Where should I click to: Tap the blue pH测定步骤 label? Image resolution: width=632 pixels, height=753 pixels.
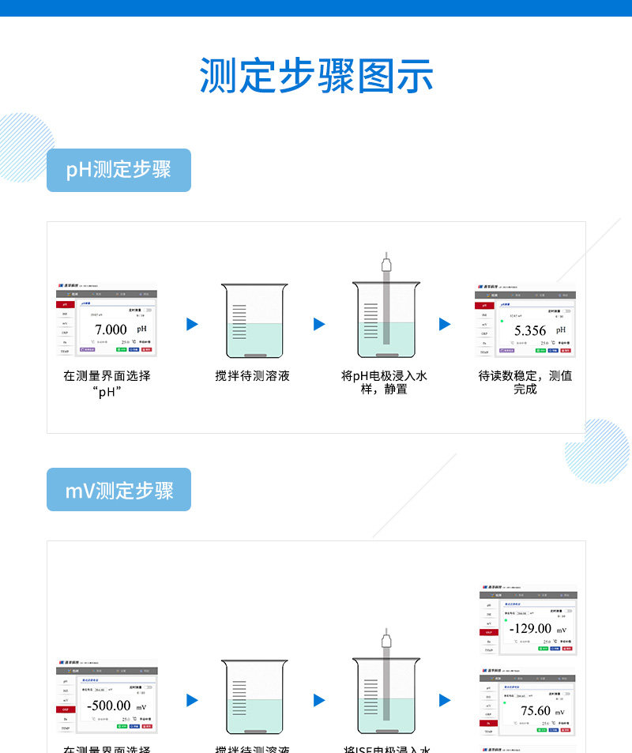(x=118, y=170)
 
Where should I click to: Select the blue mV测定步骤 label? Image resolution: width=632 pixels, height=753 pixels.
(x=118, y=490)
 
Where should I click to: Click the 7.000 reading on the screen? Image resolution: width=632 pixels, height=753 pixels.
(x=111, y=329)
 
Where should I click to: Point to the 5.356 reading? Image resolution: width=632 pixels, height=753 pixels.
(x=530, y=331)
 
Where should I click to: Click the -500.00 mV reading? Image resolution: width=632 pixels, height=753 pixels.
(x=109, y=706)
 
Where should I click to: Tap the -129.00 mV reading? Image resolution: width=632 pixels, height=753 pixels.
(x=530, y=629)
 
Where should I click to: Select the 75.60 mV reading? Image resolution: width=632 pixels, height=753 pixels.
(x=535, y=711)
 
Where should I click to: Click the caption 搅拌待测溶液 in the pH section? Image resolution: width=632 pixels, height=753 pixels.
(x=253, y=376)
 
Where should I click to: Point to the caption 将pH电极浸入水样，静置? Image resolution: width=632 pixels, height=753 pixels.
(x=384, y=382)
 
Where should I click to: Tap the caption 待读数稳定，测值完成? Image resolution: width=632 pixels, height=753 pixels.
(x=525, y=382)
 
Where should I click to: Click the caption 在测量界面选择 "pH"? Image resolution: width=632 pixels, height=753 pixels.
(x=107, y=382)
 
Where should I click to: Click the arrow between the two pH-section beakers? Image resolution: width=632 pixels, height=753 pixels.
(x=319, y=324)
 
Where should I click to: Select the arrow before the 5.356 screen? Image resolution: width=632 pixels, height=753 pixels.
(x=445, y=324)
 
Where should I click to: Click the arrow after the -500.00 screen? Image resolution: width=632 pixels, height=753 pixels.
(x=192, y=700)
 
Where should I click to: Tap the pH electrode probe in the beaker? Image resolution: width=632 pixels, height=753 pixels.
(x=386, y=300)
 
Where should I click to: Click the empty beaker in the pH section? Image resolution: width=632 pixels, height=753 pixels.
(x=254, y=320)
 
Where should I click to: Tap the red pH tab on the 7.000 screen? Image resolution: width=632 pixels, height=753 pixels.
(x=64, y=304)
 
